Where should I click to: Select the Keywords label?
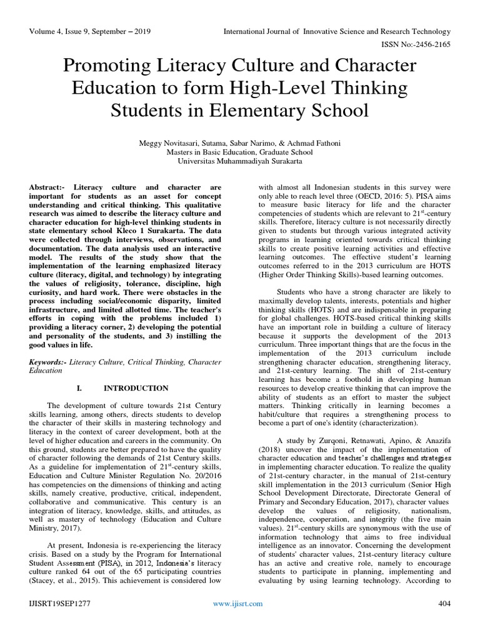49,361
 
